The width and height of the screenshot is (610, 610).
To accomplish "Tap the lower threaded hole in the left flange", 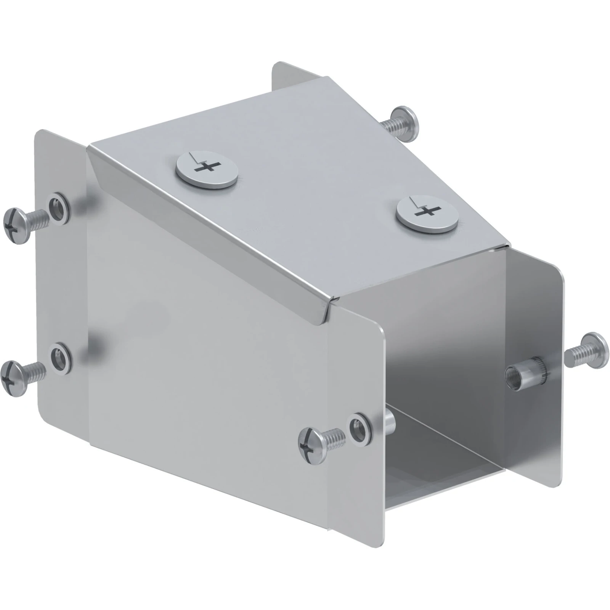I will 60,358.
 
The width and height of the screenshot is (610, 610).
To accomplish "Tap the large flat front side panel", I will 206,362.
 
